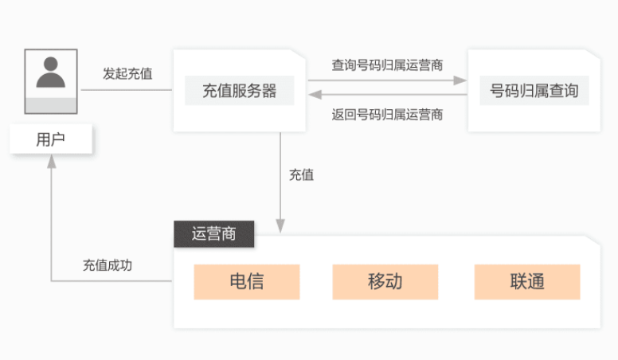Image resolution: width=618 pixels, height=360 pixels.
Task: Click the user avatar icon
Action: click(51, 81)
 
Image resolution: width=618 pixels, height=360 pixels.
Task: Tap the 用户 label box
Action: click(51, 139)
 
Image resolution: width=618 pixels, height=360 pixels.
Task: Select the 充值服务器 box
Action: click(239, 91)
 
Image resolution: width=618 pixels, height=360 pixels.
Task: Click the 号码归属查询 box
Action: click(534, 91)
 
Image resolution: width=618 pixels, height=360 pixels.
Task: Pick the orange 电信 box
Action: click(247, 282)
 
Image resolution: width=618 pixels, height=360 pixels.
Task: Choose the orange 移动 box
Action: click(385, 282)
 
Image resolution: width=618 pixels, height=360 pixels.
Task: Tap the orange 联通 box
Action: click(527, 282)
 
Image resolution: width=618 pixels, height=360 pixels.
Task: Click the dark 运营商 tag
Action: click(214, 234)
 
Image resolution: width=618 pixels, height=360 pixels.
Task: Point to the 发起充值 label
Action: click(127, 73)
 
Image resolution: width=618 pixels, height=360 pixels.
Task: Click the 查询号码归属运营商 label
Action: click(387, 65)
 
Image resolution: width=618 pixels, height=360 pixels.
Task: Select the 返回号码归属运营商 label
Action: click(387, 115)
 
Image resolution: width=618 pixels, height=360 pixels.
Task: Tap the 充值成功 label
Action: click(108, 265)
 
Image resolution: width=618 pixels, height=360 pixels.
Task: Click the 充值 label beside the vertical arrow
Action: click(302, 174)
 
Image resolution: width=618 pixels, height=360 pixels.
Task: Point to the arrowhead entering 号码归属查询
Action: click(460, 80)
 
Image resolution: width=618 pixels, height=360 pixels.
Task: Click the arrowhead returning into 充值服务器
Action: click(315, 95)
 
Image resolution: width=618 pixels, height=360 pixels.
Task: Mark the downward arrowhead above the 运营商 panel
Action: click(280, 226)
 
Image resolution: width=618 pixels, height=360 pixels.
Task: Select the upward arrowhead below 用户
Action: click(51, 161)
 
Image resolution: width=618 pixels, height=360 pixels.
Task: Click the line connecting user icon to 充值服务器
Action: click(127, 90)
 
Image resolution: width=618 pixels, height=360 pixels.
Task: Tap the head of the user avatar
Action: click(51, 64)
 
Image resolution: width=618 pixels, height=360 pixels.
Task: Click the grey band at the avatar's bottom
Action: click(51, 106)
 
